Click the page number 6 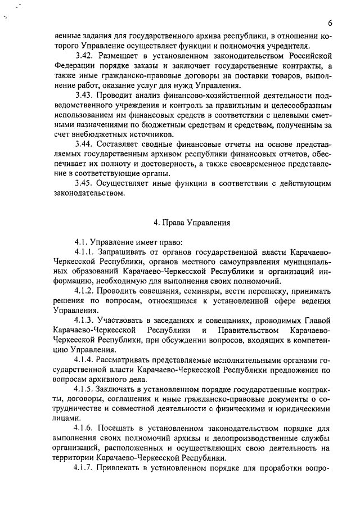[x=330, y=22]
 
